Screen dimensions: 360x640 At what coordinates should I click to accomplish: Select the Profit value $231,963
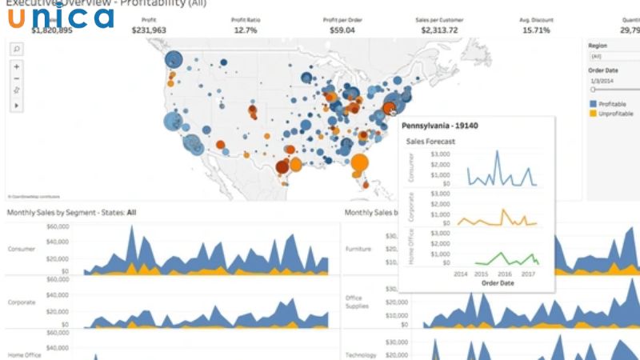(150, 30)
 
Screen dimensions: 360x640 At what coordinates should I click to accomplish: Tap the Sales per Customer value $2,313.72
(439, 30)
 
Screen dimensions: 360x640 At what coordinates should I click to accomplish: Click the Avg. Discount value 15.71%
(536, 30)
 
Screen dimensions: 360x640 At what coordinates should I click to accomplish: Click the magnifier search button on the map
(17, 49)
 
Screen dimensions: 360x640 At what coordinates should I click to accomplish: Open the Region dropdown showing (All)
(612, 57)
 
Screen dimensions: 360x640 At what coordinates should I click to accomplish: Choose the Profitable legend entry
(612, 104)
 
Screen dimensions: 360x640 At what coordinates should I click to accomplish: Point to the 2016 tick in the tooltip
(505, 274)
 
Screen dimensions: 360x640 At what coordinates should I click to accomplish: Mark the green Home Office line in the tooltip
(504, 258)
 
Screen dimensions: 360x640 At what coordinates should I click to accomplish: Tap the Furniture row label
(358, 250)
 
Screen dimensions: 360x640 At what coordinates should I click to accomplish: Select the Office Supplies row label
(354, 302)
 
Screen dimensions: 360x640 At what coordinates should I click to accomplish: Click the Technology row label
(360, 354)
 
